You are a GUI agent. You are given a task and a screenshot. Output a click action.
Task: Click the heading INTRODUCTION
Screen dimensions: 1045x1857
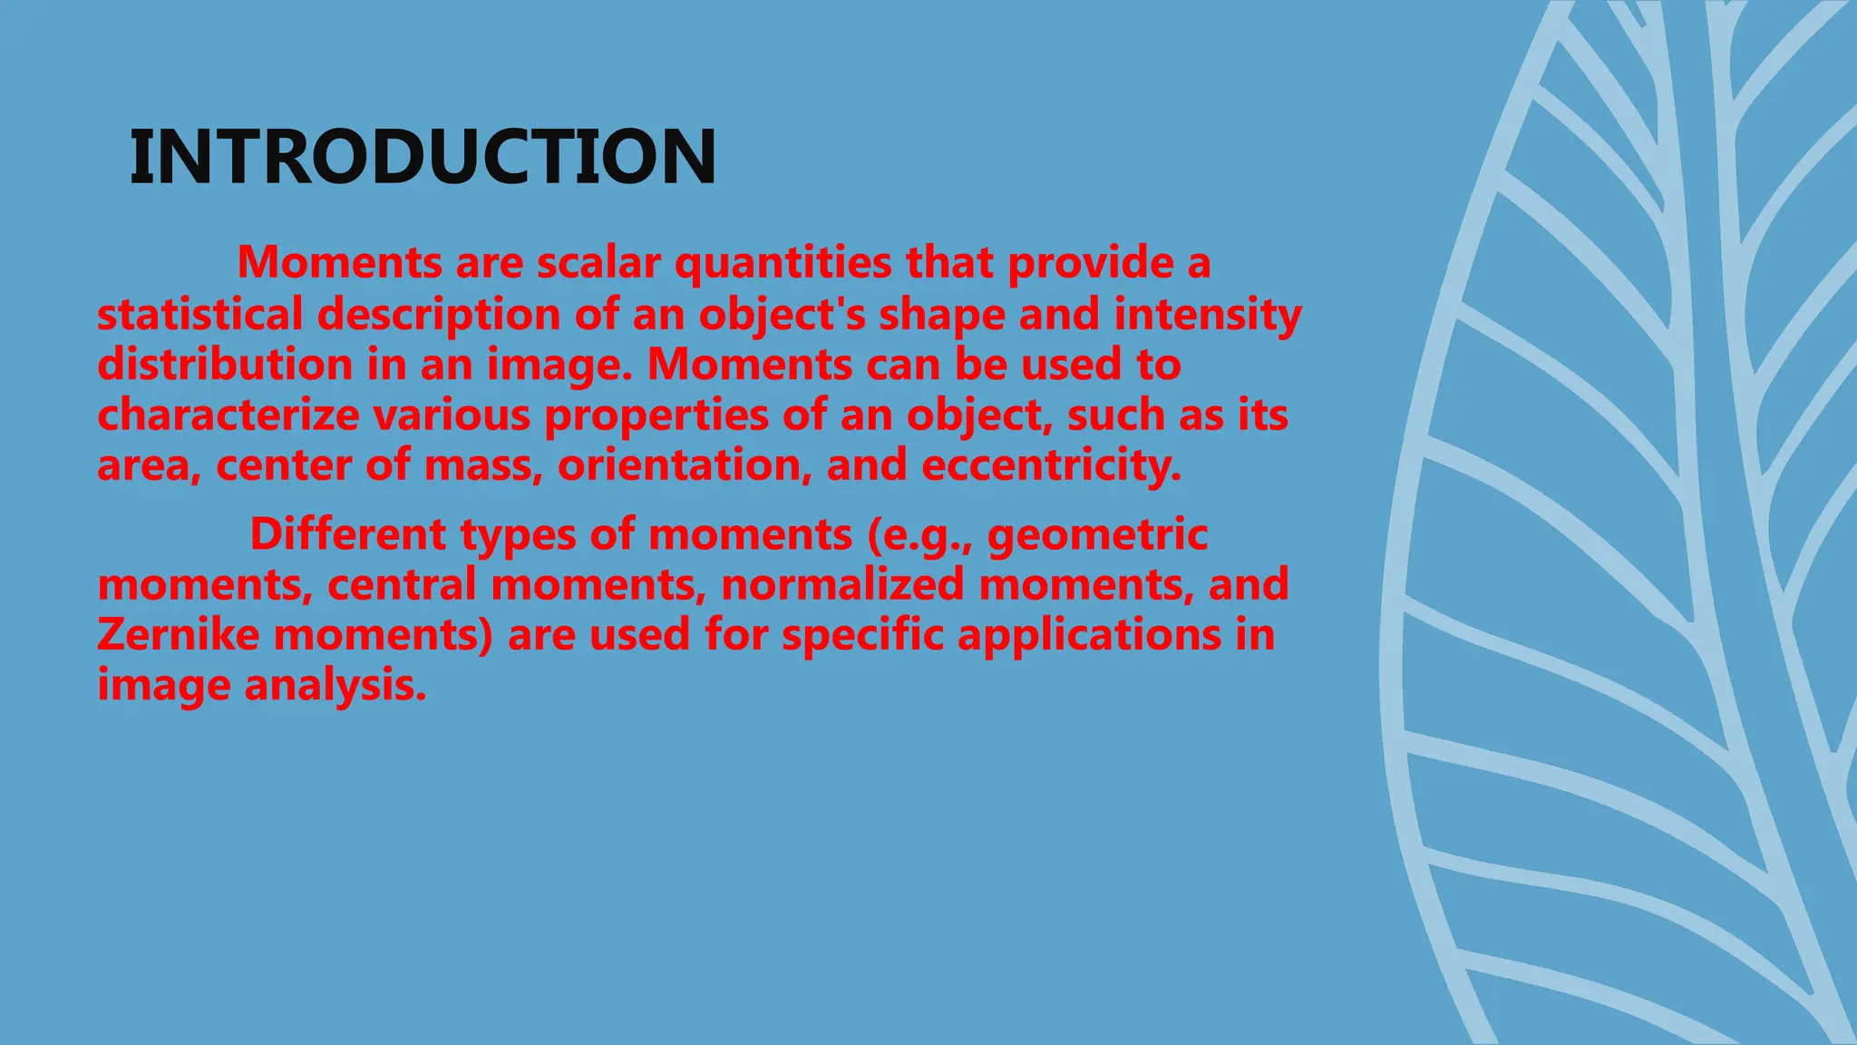[423, 158]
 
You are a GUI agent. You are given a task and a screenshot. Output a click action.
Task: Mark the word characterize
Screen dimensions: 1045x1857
[228, 415]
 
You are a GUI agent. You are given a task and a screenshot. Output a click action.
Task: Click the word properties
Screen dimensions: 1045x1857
[656, 415]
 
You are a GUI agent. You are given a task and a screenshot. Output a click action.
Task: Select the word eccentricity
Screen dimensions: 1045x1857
[1052, 465]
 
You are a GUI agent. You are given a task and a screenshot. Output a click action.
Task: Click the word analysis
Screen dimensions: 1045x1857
[335, 685]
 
